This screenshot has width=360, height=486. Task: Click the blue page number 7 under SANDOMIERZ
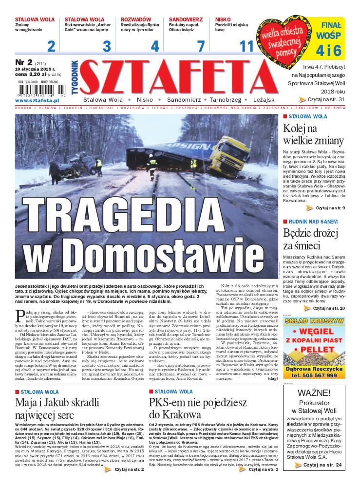[x=200, y=46]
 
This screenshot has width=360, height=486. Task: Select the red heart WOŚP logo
[x=285, y=38]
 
